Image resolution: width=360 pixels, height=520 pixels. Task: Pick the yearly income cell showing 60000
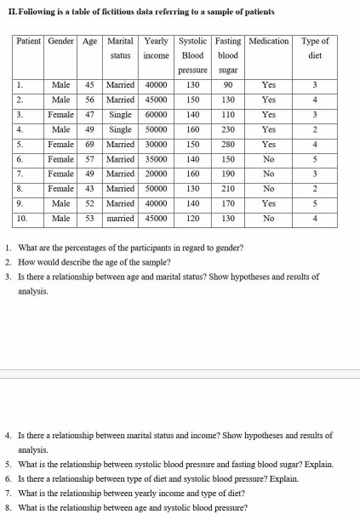point(156,113)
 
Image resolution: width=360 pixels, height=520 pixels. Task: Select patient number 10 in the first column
point(24,218)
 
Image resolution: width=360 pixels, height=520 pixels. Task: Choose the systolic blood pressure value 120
point(192,218)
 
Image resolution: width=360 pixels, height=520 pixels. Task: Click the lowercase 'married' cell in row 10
point(120,218)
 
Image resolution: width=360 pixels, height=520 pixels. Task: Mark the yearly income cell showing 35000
point(156,159)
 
